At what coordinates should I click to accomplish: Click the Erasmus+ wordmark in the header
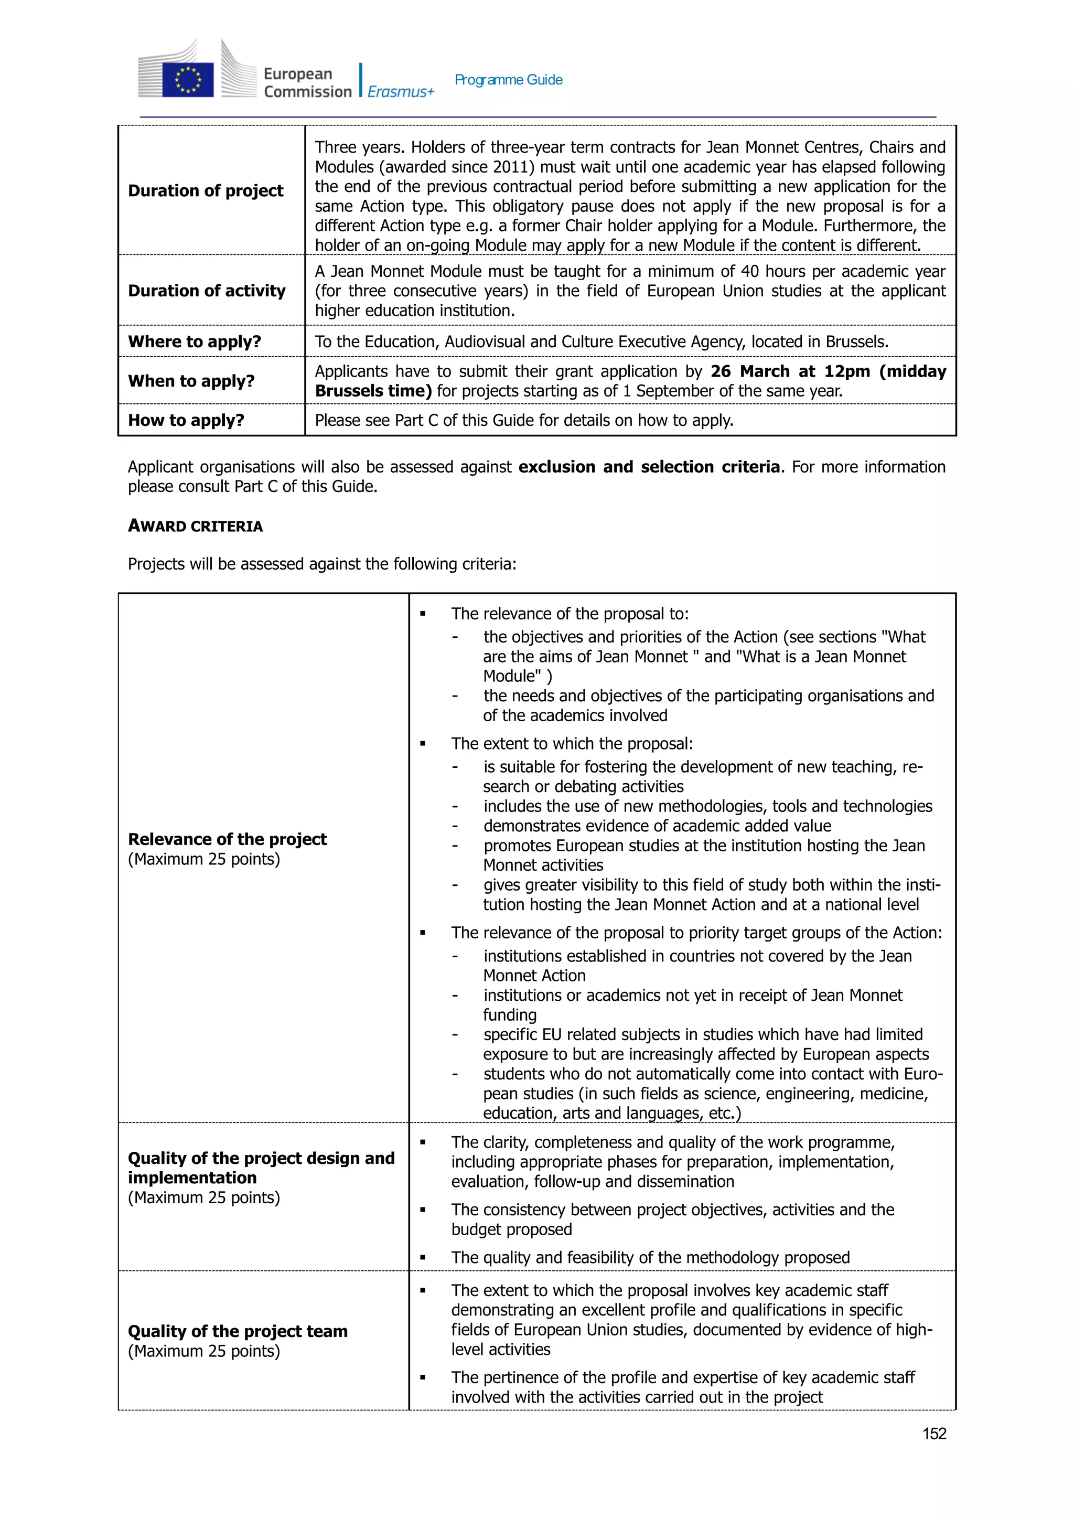[x=401, y=92]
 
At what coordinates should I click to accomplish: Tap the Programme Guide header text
[x=508, y=80]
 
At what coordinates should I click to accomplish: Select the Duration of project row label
[x=206, y=190]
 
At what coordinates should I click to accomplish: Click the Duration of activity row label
[x=206, y=291]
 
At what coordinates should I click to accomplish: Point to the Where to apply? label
[x=195, y=341]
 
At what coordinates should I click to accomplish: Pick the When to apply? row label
[x=191, y=381]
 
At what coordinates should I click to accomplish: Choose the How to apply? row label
[x=186, y=420]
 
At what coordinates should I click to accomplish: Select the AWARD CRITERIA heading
[x=195, y=526]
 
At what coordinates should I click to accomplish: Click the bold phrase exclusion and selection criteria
[x=649, y=467]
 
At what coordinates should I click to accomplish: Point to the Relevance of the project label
[x=227, y=839]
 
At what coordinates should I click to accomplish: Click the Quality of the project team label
[x=238, y=1331]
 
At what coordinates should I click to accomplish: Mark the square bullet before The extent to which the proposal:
[x=423, y=744]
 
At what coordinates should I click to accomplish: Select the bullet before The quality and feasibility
[x=423, y=1258]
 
